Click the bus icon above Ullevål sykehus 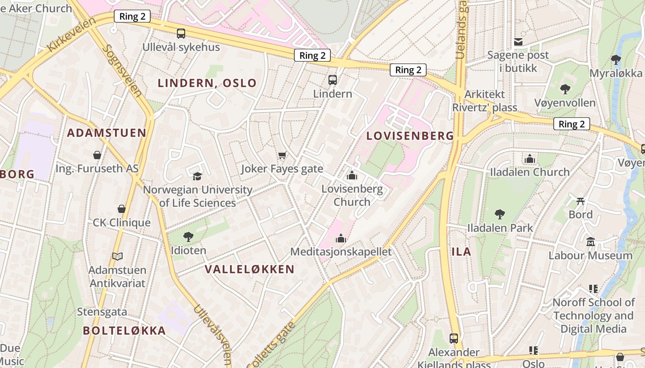181,33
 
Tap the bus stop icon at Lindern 333,80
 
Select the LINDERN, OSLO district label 207,83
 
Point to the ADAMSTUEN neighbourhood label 106,133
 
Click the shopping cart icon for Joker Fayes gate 282,155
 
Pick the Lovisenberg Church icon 352,175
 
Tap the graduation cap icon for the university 197,176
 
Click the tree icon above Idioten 188,237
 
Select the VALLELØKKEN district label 249,269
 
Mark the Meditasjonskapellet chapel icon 341,238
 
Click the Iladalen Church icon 530,159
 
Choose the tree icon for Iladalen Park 500,214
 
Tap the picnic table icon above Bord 580,201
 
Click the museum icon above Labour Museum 591,241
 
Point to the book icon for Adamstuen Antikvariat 117,256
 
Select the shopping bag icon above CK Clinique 122,209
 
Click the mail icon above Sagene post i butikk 518,42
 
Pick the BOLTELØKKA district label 124,330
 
